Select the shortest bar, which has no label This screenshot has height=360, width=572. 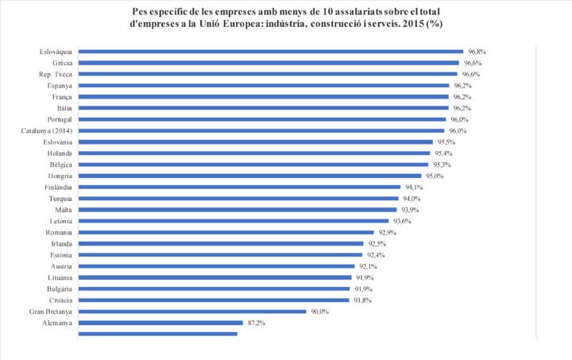pyautogui.click(x=159, y=335)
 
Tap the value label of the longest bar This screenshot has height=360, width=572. pyautogui.click(x=476, y=51)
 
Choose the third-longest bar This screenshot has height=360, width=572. pyautogui.click(x=269, y=74)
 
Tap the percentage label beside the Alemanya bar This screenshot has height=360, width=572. pyautogui.click(x=256, y=323)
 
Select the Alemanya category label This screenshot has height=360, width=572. pyautogui.click(x=56, y=323)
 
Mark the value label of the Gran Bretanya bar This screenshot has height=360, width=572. pyautogui.click(x=319, y=312)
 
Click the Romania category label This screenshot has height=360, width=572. pyautogui.click(x=59, y=233)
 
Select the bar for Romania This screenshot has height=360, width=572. pyautogui.click(x=227, y=233)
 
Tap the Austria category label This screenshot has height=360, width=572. pyautogui.click(x=60, y=267)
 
